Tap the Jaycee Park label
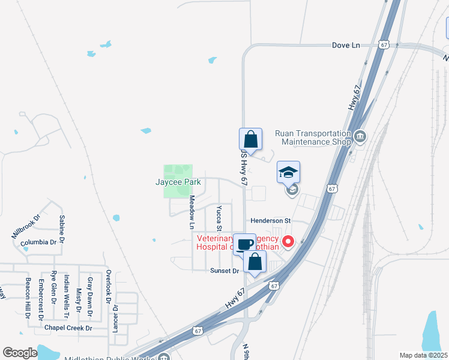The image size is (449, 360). (177, 181)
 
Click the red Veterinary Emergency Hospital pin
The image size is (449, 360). (288, 242)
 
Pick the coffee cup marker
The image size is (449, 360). (244, 244)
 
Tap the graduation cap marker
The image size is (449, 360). (288, 173)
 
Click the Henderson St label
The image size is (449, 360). (270, 221)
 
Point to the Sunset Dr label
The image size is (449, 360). (224, 271)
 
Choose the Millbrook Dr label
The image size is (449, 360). (25, 226)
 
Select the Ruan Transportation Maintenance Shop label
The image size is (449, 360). (312, 137)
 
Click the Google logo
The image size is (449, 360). (20, 353)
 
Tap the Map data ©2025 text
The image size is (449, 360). (423, 355)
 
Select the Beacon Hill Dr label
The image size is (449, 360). (28, 298)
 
